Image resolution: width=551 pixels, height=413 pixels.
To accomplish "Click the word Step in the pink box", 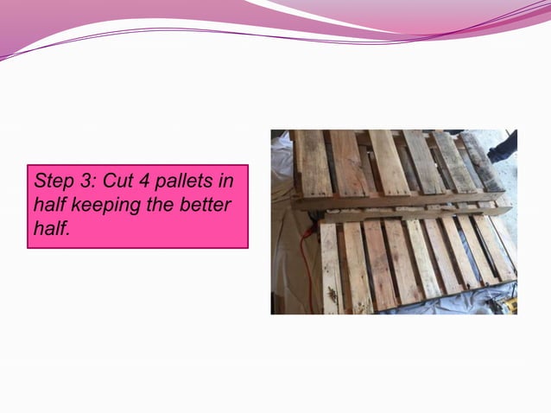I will coord(51,183).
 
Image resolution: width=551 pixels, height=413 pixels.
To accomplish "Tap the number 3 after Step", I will coord(80,183).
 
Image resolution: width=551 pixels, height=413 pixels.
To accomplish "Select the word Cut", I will coord(109,183).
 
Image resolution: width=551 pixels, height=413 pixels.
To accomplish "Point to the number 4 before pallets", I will coord(135,183).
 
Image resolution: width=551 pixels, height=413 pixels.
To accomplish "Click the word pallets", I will coord(174,183).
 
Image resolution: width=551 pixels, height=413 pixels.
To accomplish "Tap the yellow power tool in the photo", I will coord(510,304).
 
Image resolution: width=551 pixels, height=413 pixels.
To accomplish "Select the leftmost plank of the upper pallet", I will coord(312,164).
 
